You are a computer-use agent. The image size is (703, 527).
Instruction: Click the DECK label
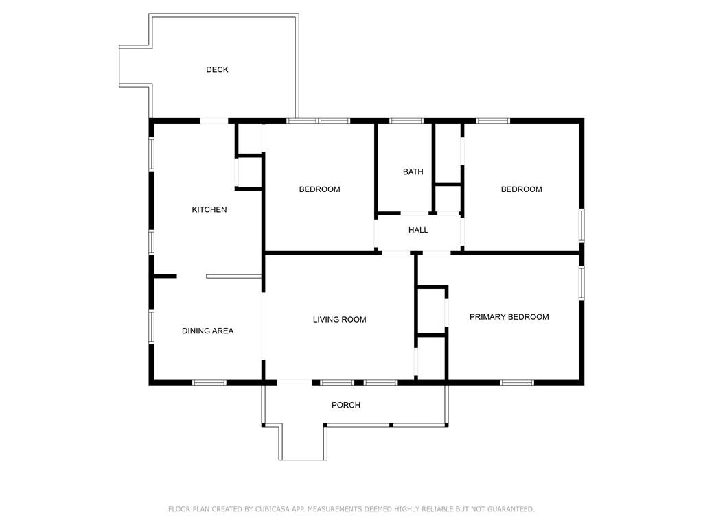[x=217, y=69]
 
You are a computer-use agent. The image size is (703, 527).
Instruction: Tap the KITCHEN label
[x=209, y=209]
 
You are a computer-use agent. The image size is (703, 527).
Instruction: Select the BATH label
[x=413, y=172]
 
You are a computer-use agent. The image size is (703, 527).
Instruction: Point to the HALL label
[x=418, y=230]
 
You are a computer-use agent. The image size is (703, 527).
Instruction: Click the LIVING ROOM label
[x=339, y=320]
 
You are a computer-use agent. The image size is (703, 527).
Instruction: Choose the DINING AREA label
[x=207, y=331]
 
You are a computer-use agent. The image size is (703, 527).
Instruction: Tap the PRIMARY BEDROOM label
[x=509, y=317]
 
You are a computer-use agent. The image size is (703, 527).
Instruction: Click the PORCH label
[x=346, y=405]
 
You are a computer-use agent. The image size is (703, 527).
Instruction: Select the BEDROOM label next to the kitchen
[x=319, y=189]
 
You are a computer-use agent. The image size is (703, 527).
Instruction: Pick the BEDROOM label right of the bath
[x=521, y=189]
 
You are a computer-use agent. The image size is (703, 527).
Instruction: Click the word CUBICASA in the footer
[x=271, y=509]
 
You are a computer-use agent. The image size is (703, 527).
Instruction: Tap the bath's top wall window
[x=406, y=121]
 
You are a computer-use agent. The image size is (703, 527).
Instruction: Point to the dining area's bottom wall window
[x=209, y=383]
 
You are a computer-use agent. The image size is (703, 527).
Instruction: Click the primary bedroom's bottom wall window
[x=517, y=383]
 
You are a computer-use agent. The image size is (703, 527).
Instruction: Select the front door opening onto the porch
[x=294, y=382]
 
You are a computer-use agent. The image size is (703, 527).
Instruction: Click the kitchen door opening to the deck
[x=214, y=121]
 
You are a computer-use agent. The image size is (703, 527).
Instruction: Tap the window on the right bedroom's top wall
[x=493, y=121]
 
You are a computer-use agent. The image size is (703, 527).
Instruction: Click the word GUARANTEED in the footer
[x=511, y=509]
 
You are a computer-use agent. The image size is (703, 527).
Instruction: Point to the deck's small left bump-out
[x=135, y=66]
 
